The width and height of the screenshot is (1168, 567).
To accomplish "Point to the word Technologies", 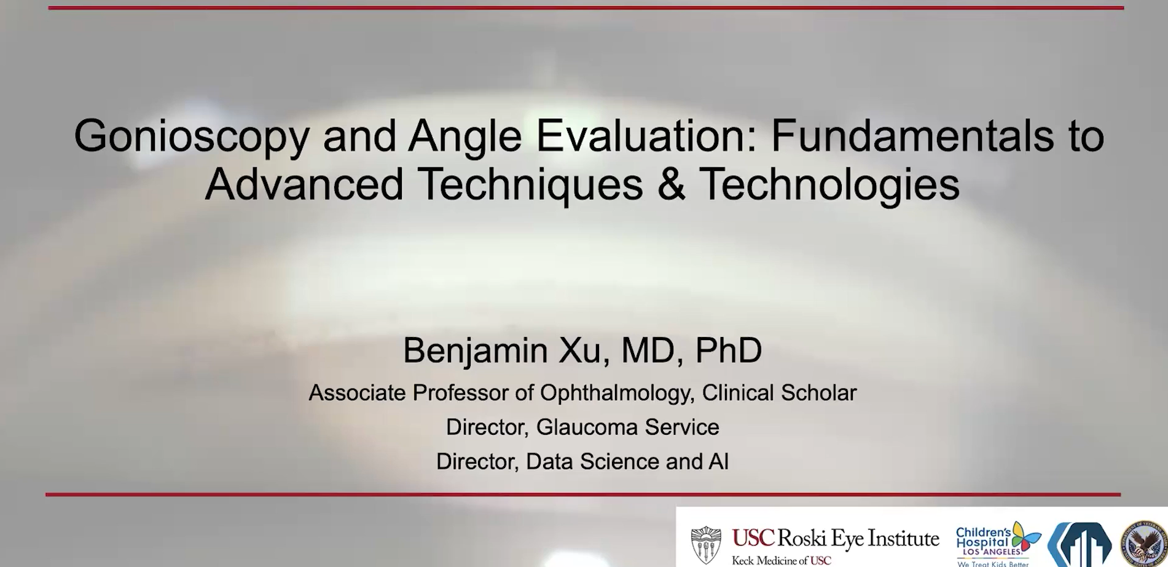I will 830,184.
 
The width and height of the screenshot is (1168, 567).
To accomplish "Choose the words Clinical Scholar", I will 779,392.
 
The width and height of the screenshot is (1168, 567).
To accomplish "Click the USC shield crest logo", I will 706,545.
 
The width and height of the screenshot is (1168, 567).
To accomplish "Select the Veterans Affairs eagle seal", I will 1144,544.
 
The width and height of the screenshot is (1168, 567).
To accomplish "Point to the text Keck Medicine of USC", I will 781,561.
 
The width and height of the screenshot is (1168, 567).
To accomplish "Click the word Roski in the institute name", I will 803,538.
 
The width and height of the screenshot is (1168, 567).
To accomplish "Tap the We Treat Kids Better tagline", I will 992,563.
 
